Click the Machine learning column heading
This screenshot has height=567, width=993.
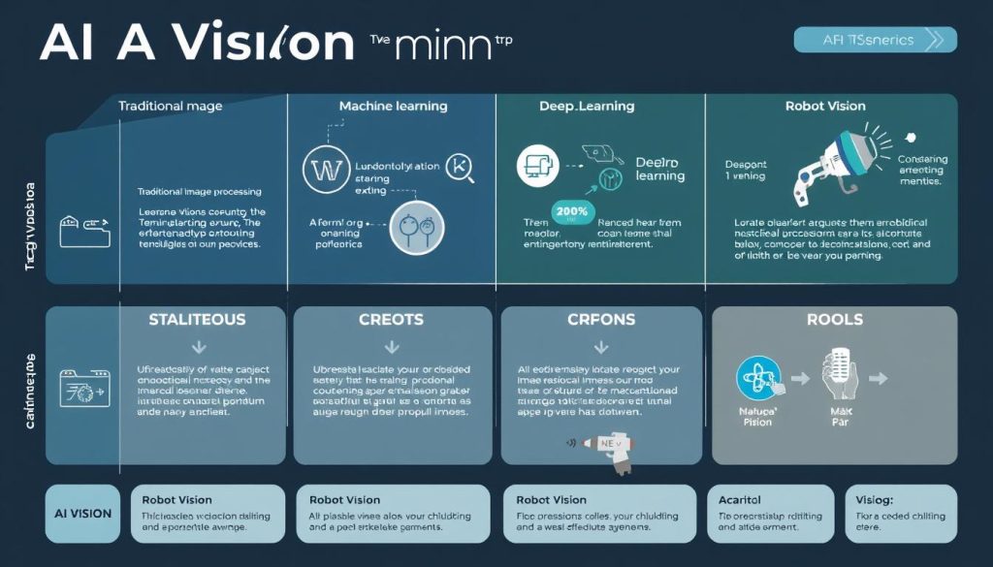pyautogui.click(x=393, y=106)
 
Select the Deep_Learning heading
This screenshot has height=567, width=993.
pyautogui.click(x=587, y=106)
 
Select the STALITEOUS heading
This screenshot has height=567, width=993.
pyautogui.click(x=198, y=319)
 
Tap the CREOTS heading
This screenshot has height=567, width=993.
pyautogui.click(x=393, y=319)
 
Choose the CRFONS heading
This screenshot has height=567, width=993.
pyautogui.click(x=600, y=319)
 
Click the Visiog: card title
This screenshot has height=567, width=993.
pyautogui.click(x=875, y=499)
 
